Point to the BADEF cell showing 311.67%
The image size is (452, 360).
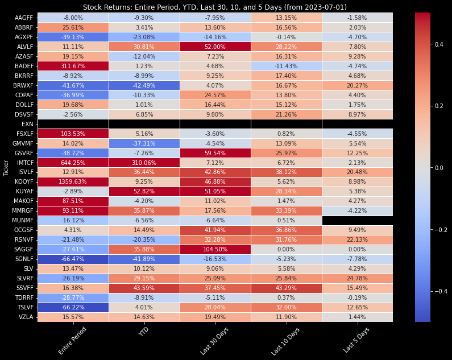coord(73,65)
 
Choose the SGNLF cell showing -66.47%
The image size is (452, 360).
coord(73,259)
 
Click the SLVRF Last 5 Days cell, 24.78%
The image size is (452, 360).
coord(357,278)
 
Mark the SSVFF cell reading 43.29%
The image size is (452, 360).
coord(286,288)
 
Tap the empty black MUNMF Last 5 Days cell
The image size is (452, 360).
coord(357,220)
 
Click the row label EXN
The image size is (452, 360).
coord(27,123)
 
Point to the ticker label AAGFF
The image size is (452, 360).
coord(24,18)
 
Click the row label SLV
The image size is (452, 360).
coord(28,268)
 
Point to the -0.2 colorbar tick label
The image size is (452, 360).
coord(442,229)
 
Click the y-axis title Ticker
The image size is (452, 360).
coord(6,168)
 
